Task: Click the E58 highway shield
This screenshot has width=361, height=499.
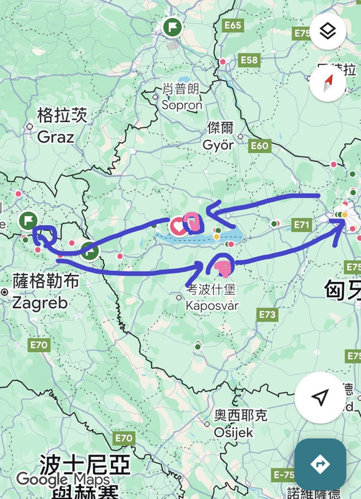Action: (x=249, y=60)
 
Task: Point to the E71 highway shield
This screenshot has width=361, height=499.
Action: (x=303, y=224)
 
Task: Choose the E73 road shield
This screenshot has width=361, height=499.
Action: (x=267, y=315)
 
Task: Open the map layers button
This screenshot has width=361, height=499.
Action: (x=329, y=31)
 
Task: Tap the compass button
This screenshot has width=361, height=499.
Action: (x=328, y=84)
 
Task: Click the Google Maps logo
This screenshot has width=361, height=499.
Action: (x=62, y=480)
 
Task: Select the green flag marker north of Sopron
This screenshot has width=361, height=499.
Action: (x=172, y=27)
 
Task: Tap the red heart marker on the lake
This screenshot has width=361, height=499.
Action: (x=178, y=225)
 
